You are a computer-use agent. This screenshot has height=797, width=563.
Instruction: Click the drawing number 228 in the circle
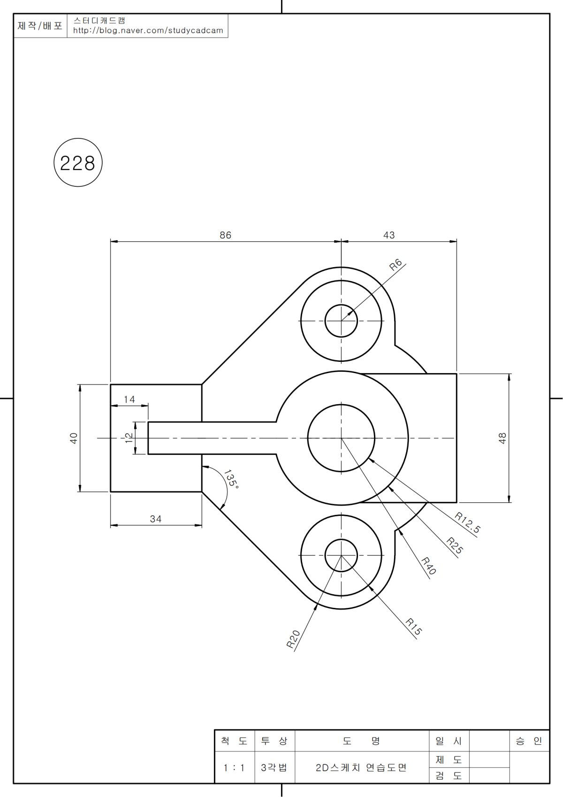tap(78, 163)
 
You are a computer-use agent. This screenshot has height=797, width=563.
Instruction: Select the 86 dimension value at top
tap(225, 235)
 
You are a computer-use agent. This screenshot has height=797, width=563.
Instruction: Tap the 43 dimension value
tap(389, 235)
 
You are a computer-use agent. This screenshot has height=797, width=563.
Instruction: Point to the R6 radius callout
tap(396, 265)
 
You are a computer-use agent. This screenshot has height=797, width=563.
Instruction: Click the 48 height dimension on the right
tap(502, 438)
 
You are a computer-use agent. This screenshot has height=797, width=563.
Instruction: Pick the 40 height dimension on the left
tap(74, 438)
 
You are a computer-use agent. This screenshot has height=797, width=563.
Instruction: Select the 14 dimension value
tap(129, 399)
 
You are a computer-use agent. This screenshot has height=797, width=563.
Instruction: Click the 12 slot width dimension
tap(129, 437)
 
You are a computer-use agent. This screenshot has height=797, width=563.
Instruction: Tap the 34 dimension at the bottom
tap(156, 519)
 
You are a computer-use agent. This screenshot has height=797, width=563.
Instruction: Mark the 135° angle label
tap(231, 479)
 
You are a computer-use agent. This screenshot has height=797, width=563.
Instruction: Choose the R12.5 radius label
tap(467, 523)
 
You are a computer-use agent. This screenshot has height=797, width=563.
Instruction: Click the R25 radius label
tap(455, 545)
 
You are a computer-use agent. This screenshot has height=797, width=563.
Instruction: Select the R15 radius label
tap(414, 627)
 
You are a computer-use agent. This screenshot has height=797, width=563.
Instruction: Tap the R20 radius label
tap(293, 639)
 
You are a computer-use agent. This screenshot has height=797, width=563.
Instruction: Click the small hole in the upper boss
tap(341, 321)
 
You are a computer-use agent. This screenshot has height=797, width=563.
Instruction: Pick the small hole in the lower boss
tap(341, 555)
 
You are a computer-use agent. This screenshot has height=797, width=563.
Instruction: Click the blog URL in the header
tap(148, 31)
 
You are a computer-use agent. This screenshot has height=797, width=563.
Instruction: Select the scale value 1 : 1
tap(234, 768)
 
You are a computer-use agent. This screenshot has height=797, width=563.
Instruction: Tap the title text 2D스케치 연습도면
tap(361, 768)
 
